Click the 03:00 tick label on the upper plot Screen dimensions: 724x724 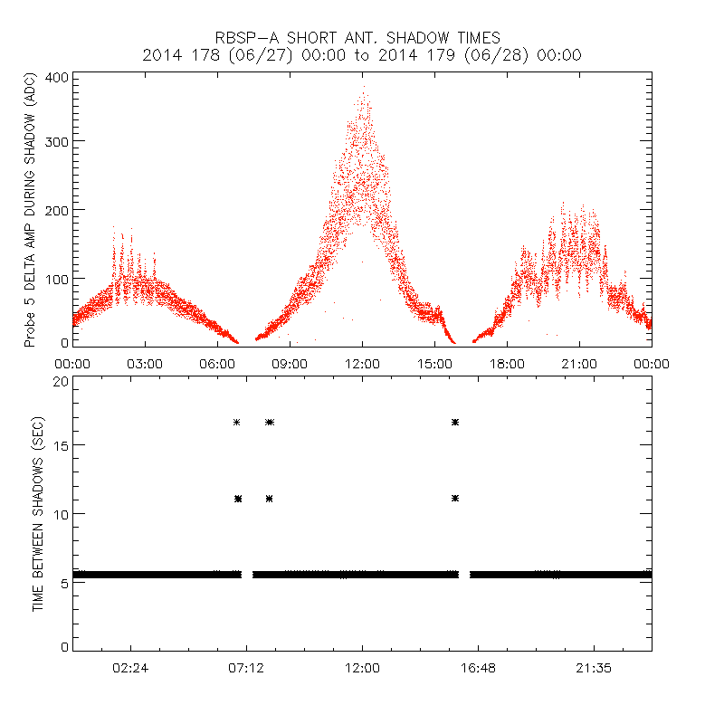point(145,363)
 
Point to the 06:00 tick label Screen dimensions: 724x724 point(217,363)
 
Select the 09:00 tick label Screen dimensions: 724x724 point(290,363)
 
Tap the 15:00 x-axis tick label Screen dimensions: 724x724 point(434,363)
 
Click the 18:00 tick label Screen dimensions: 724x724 point(507,363)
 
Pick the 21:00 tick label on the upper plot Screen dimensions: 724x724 point(579,363)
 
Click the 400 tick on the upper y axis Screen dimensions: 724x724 point(57,77)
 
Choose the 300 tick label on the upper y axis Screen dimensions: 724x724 point(57,141)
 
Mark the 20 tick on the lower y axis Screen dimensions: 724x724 point(61,381)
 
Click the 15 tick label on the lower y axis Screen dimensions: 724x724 point(61,445)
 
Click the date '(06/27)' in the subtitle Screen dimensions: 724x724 point(259,55)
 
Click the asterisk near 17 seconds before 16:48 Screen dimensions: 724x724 point(455,422)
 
